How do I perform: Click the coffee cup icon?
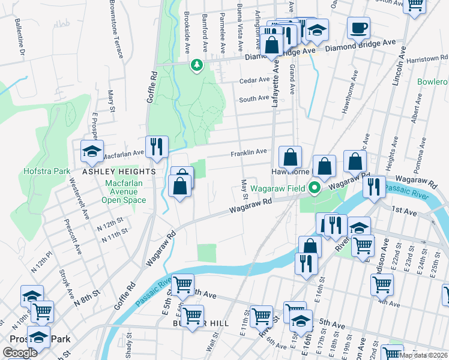pos(358,28)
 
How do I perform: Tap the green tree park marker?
pos(196,65)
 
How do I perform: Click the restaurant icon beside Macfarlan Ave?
pos(157,146)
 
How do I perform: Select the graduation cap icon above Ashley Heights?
pos(92,151)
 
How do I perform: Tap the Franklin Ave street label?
pos(249,153)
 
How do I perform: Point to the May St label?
pos(244,188)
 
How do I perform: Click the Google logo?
pos(20,353)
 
